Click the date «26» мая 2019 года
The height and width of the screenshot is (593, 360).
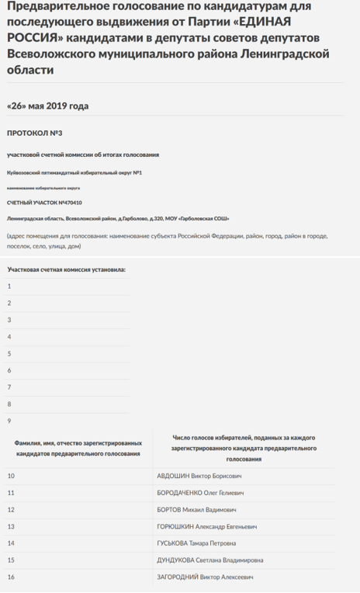pyautogui.click(x=47, y=106)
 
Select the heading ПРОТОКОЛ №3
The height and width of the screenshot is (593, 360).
pyautogui.click(x=34, y=133)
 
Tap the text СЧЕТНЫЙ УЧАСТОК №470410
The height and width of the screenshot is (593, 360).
pyautogui.click(x=44, y=203)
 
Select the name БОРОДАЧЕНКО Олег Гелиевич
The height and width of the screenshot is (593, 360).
pyautogui.click(x=200, y=493)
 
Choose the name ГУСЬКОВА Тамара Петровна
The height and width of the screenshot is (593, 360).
pyautogui.click(x=196, y=543)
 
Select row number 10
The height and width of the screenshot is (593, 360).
pyautogui.click(x=11, y=476)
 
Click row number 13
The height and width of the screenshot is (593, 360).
pyautogui.click(x=11, y=527)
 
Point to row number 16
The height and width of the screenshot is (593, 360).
pyautogui.click(x=11, y=577)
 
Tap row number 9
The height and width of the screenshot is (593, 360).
pyautogui.click(x=9, y=421)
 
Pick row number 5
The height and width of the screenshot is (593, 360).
pyautogui.click(x=9, y=354)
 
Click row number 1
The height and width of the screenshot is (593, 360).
pyautogui.click(x=9, y=286)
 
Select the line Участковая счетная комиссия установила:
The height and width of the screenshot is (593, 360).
pyautogui.click(x=66, y=269)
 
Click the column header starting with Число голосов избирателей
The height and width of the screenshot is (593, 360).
pyautogui.click(x=245, y=449)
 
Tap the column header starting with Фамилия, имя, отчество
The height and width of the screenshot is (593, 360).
pyautogui.click(x=78, y=447)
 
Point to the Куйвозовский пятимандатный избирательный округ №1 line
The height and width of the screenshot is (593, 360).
pyautogui.click(x=74, y=172)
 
